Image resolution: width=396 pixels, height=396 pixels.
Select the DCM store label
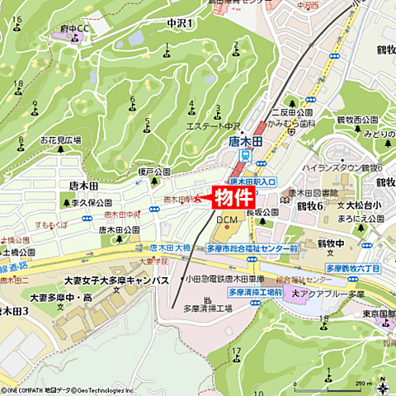pyautogui.click(x=226, y=220)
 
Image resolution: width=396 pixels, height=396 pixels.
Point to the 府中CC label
pyautogui.click(x=73, y=28)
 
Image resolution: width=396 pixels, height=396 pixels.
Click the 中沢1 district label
pyautogui.click(x=179, y=22)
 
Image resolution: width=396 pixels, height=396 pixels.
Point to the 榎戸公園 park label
pyautogui.click(x=153, y=172)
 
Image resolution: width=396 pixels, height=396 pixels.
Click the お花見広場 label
pyautogui.click(x=61, y=140)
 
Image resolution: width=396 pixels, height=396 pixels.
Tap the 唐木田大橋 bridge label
pyautogui.click(x=171, y=247)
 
